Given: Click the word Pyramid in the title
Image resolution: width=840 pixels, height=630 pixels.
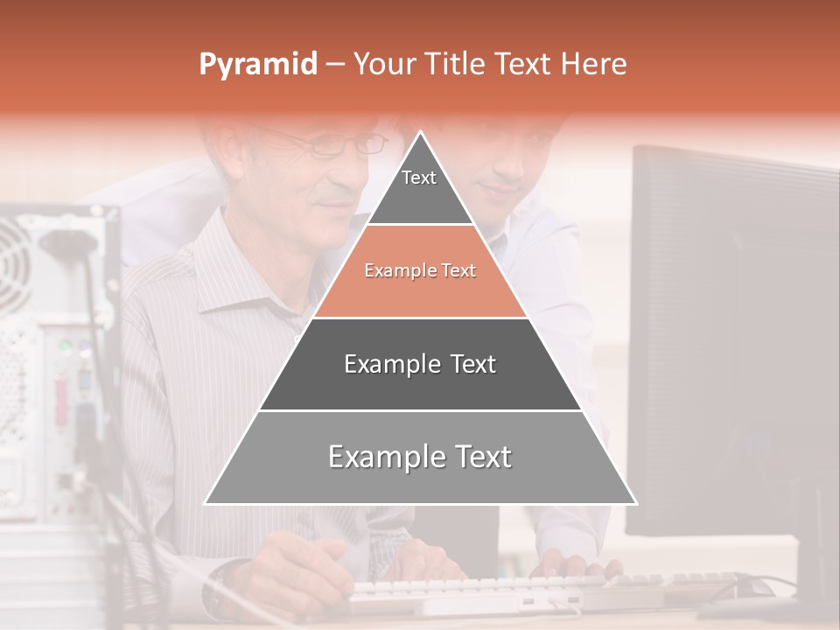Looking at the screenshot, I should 258,65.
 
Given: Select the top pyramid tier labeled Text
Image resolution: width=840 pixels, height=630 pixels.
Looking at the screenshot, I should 419,189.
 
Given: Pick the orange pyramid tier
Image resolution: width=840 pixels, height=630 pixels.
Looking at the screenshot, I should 420,271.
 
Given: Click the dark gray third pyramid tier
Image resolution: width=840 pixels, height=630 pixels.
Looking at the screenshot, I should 420,364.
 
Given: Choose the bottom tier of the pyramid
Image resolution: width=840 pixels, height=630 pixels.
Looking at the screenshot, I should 420,458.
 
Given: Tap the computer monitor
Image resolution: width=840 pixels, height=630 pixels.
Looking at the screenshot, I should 735,341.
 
